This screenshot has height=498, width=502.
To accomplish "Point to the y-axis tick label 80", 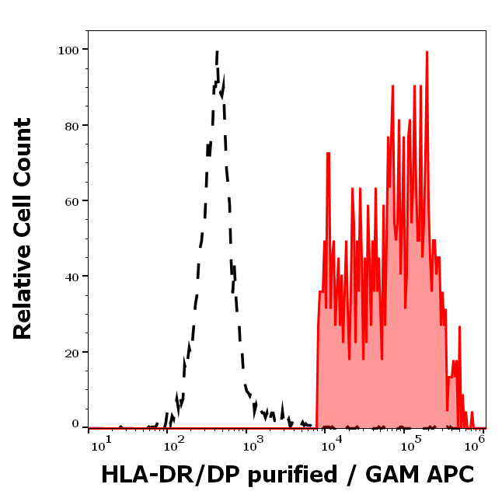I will coord(71,125).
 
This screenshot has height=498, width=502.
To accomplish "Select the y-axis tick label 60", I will coord(71,201).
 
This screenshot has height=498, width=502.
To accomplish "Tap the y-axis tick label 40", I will coord(71,277).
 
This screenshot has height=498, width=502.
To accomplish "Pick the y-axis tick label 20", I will coord(71,353).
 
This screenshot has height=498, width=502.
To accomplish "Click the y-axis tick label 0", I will coord(75,425).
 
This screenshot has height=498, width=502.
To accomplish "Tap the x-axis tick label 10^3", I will coord(252,444).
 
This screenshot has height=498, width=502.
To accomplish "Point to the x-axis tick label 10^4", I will coord(331,444).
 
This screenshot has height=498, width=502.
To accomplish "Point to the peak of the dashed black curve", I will coord(217,52).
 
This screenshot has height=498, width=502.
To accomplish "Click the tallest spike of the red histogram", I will coord(427,52).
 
